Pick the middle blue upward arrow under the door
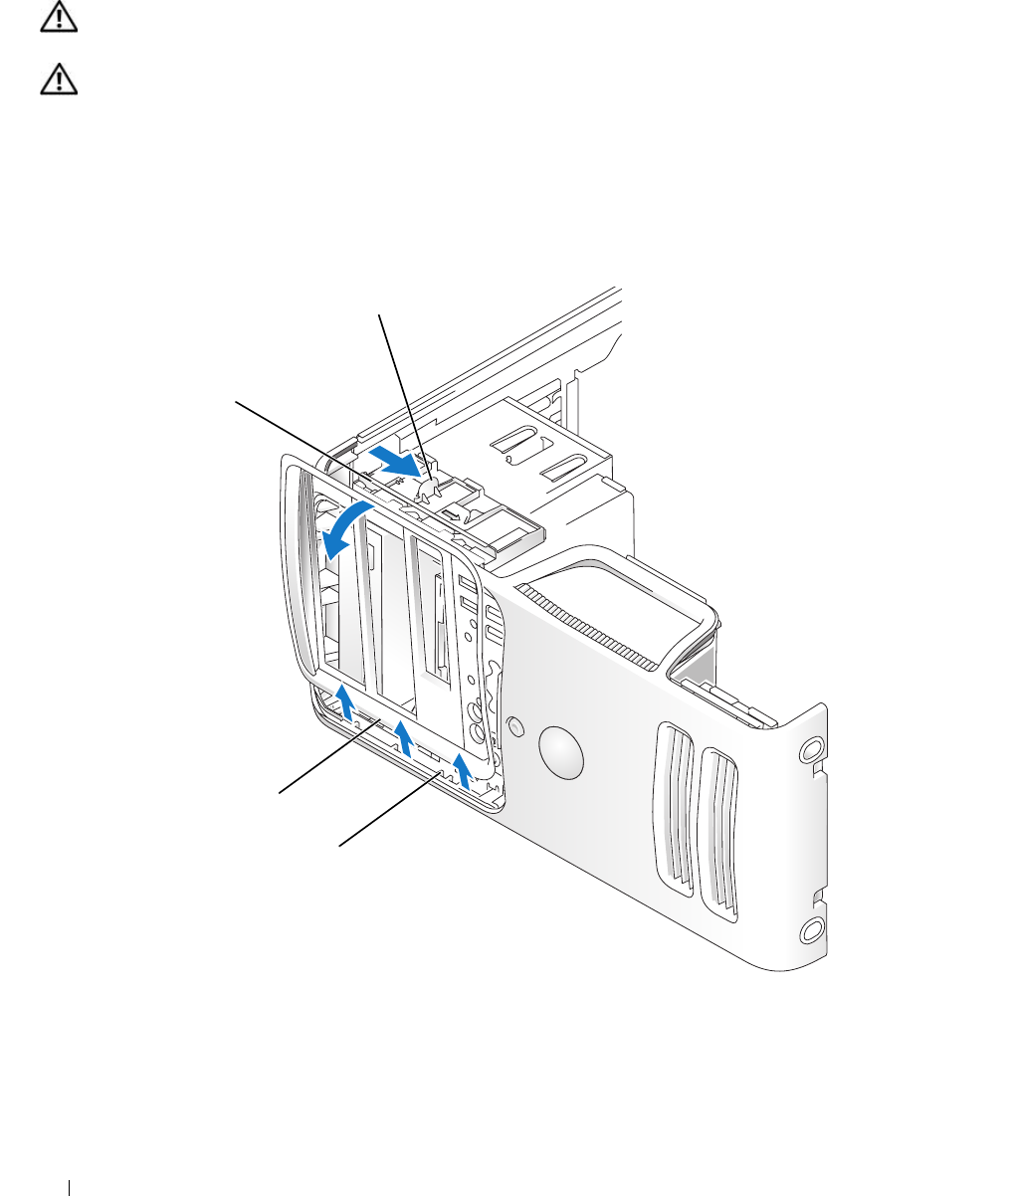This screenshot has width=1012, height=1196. coord(403,737)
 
